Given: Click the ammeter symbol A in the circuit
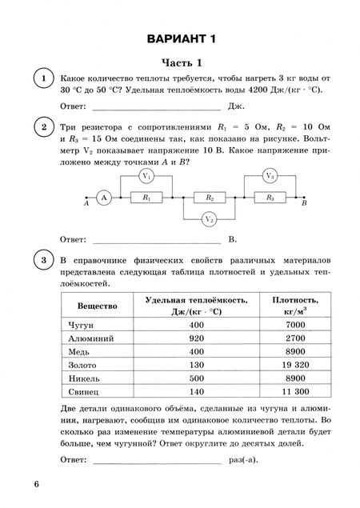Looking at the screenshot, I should click(x=103, y=197).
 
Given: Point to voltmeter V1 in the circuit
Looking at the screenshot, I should click(x=146, y=176).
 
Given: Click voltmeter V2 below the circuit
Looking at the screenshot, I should click(x=209, y=218).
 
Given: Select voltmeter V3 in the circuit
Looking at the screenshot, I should click(x=270, y=176).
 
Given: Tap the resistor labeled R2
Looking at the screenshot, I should click(x=209, y=197).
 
